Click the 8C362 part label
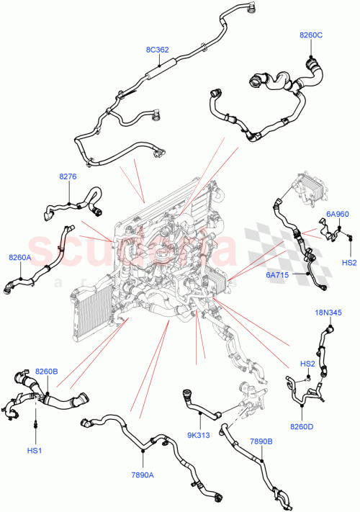157,50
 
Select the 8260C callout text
311,35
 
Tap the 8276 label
68,176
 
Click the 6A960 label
337,214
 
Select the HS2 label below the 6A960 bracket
349,263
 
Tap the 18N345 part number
328,313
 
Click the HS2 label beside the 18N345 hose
307,364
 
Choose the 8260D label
302,426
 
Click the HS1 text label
35,451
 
